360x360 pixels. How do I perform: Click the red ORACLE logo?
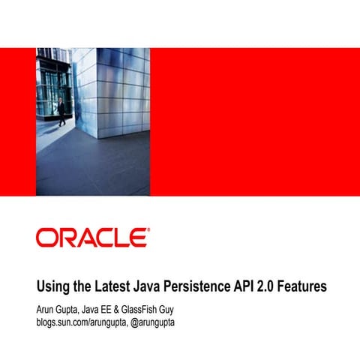(x=91, y=238)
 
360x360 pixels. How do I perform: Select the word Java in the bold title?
(x=154, y=287)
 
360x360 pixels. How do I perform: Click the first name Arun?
(x=46, y=307)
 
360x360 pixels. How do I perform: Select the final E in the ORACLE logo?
(x=138, y=238)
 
